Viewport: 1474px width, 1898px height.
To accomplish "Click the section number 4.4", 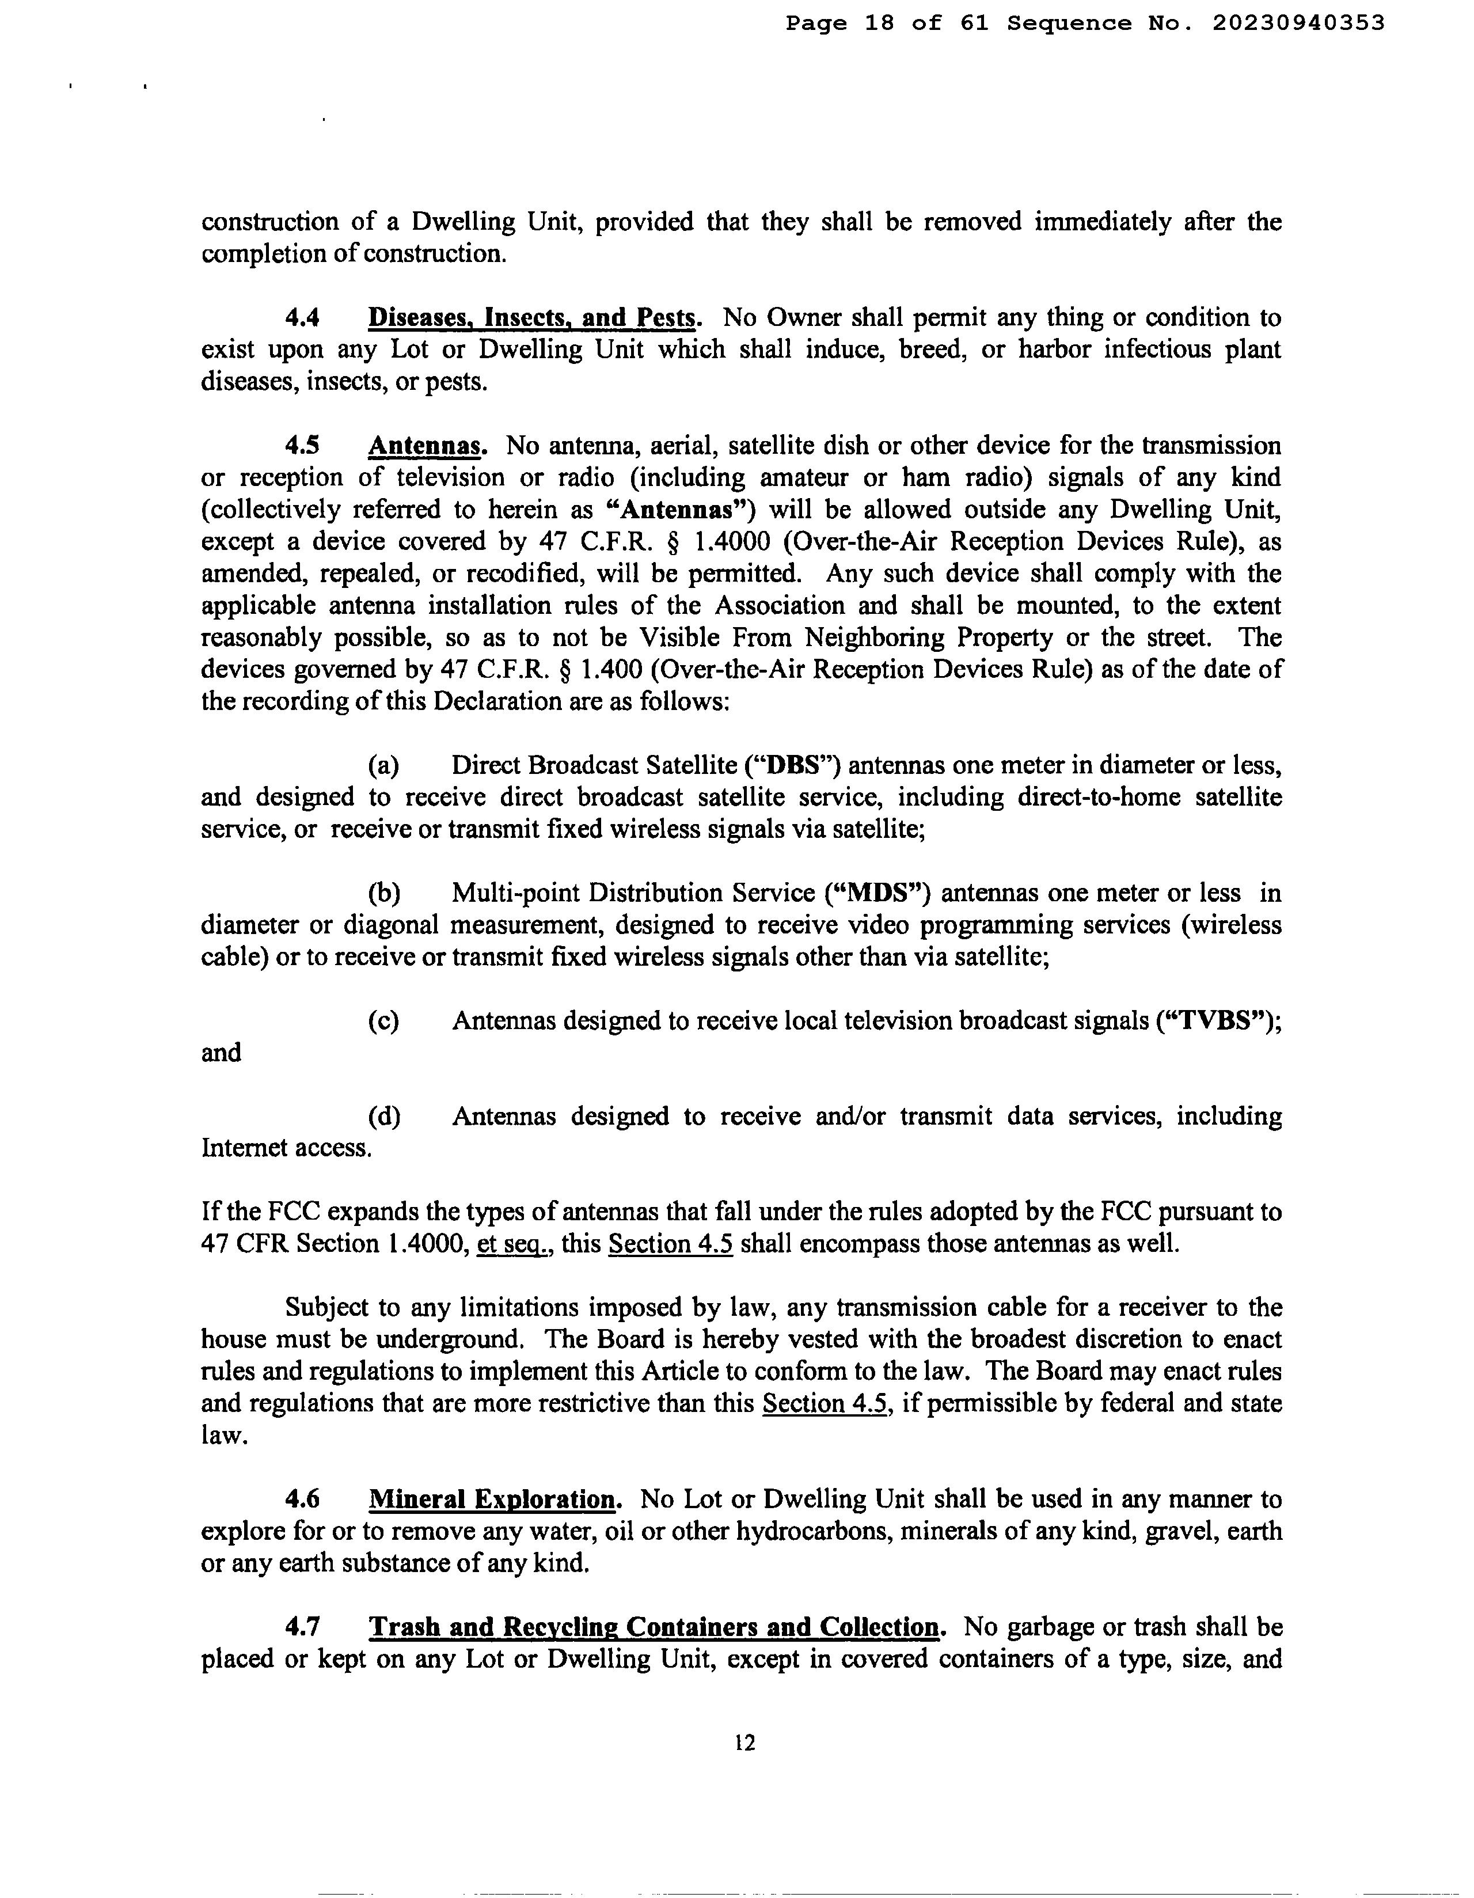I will coord(302,318).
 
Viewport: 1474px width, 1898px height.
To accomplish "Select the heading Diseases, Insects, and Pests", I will coord(532,318).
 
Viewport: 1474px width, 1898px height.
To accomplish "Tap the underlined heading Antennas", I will coord(425,446).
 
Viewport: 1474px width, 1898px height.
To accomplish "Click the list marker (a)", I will coord(383,766).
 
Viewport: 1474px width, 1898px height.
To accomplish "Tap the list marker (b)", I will coord(383,893).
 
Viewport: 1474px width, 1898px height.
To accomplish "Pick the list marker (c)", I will coord(383,1021).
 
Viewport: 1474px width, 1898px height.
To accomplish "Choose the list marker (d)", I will coord(383,1117).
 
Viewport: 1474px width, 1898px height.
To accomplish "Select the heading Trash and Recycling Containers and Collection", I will coord(655,1628).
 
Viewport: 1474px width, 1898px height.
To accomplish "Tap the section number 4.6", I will coord(302,1500).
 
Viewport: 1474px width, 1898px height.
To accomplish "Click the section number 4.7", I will coord(302,1628).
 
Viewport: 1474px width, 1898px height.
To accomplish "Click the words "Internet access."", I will coord(287,1149).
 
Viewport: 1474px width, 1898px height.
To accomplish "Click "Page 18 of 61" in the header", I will coord(887,24).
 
